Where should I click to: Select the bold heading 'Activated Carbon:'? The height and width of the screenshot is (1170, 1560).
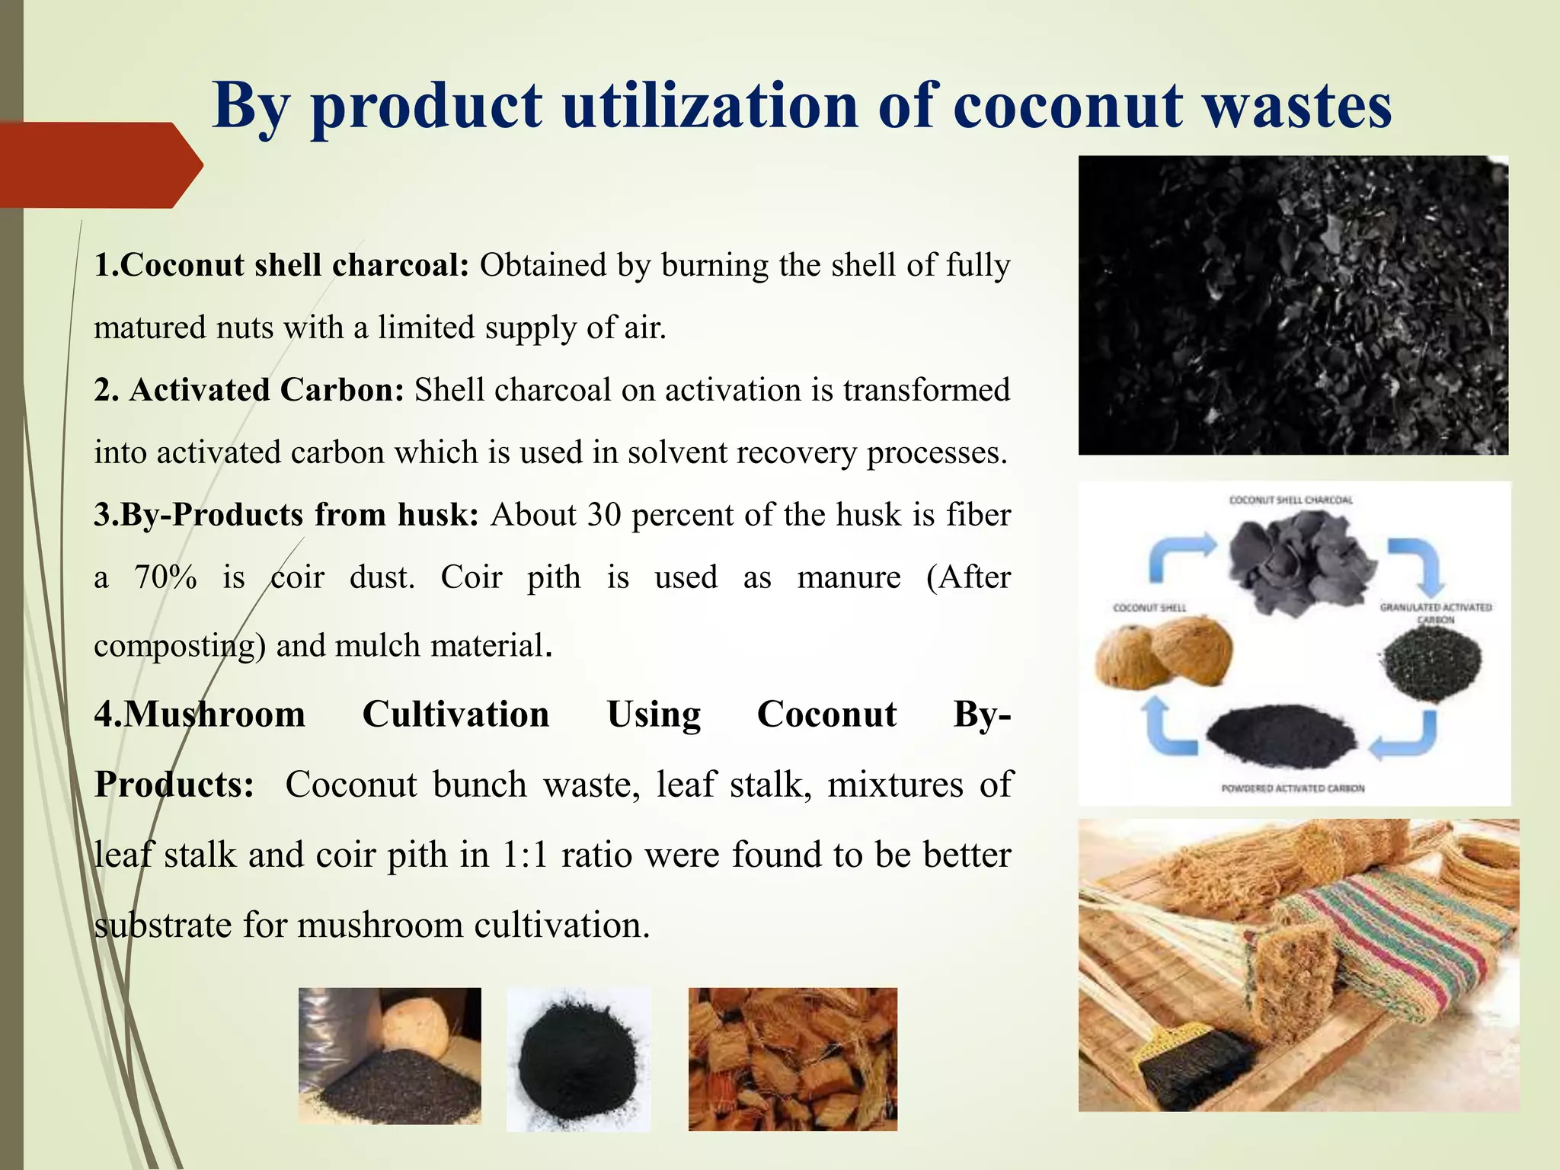pyautogui.click(x=266, y=390)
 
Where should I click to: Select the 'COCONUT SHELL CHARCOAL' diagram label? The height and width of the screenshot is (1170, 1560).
pyautogui.click(x=1291, y=500)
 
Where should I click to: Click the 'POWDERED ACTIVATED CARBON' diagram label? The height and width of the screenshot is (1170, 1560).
pyautogui.click(x=1293, y=788)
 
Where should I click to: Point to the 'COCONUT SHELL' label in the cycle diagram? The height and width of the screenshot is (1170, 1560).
pyautogui.click(x=1149, y=608)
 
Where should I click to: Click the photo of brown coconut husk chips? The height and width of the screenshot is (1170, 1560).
pyautogui.click(x=792, y=1059)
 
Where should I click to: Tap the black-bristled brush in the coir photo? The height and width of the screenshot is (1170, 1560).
pyautogui.click(x=1188, y=1066)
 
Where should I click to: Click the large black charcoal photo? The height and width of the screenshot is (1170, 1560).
pyautogui.click(x=1293, y=305)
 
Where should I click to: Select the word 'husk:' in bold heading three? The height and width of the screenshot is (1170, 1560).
pyautogui.click(x=438, y=515)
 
